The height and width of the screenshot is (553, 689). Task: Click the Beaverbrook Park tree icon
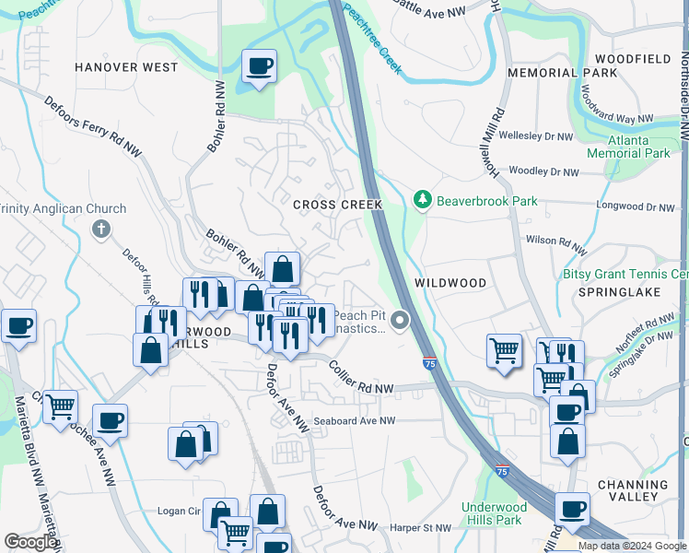[x=422, y=199]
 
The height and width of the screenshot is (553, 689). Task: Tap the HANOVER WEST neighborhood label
[x=126, y=67]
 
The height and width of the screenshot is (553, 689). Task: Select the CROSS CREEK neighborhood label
[x=337, y=205]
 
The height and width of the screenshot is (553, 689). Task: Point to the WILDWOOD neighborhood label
[x=450, y=282]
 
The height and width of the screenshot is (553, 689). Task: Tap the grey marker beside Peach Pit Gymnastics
[x=399, y=321]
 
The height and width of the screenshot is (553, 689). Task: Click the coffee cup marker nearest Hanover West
[x=258, y=66]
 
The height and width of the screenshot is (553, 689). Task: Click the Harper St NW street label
[x=419, y=528]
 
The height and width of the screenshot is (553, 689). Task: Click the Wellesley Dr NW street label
[x=539, y=136]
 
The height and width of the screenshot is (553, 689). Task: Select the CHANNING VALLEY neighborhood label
[x=640, y=490]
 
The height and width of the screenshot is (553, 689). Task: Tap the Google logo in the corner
[x=31, y=542]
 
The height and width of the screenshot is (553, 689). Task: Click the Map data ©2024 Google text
[x=632, y=546]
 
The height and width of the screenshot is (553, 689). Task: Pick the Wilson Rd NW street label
[x=555, y=244]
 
